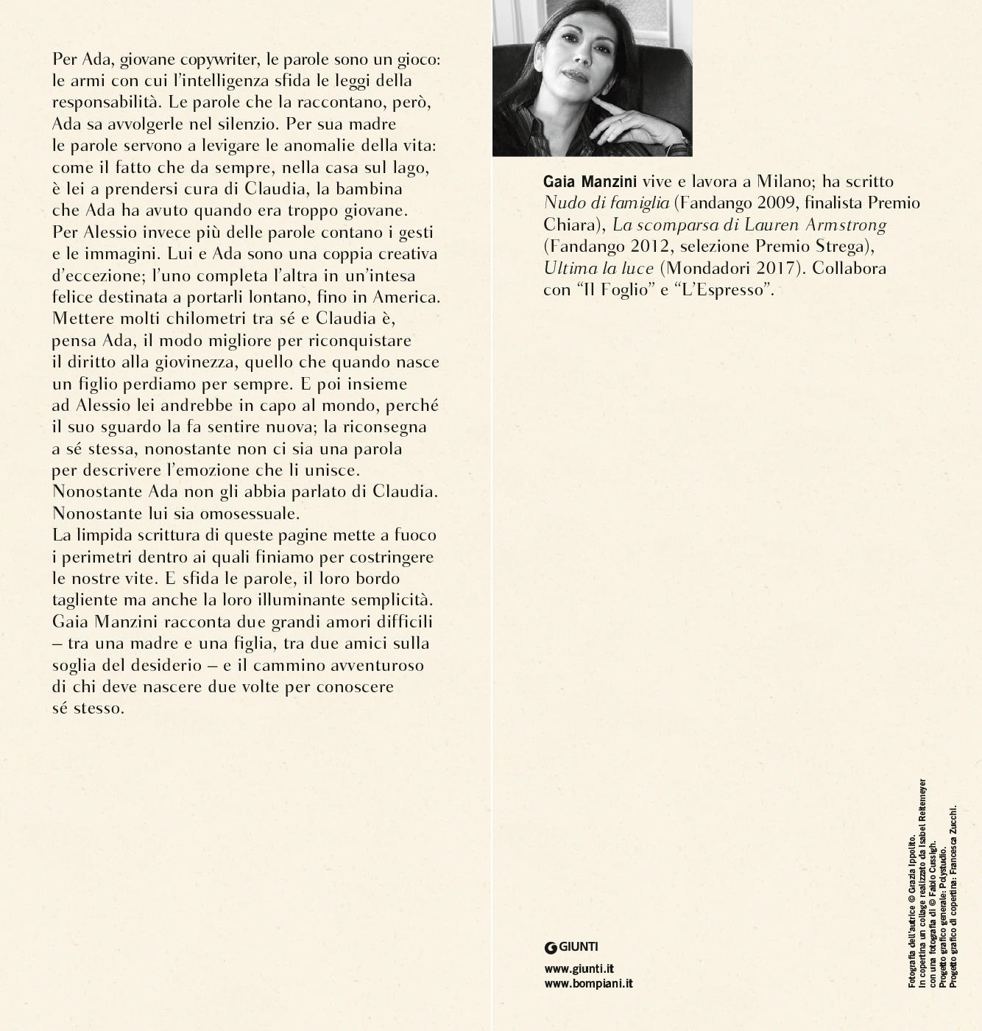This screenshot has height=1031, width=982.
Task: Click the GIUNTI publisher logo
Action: [571, 947]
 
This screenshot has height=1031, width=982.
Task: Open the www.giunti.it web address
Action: [579, 969]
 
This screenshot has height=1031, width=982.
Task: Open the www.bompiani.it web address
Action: [588, 983]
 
